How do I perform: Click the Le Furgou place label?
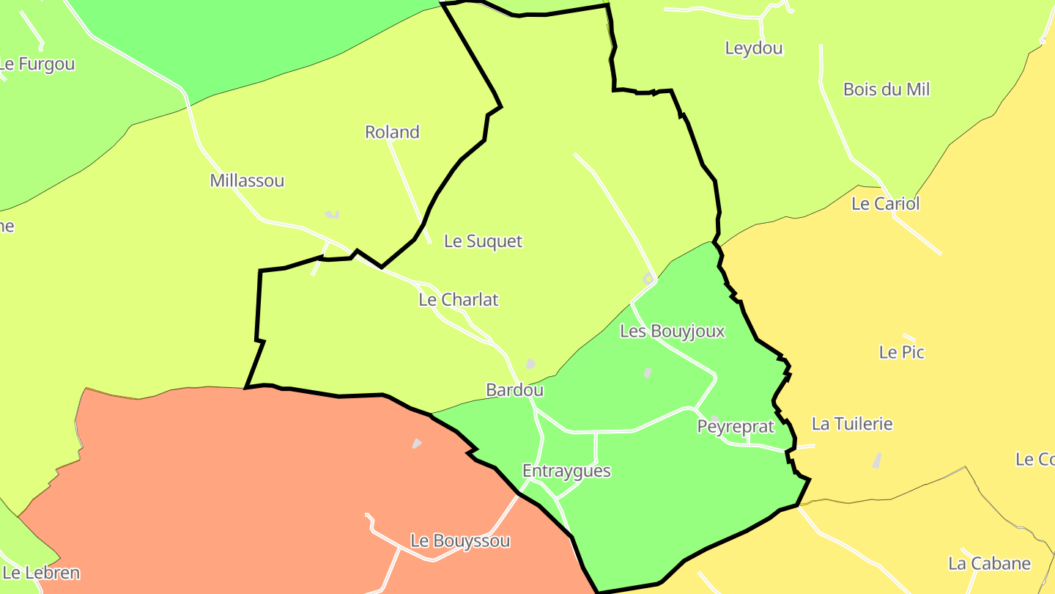(37, 64)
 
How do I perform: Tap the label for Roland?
(392, 132)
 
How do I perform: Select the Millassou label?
(247, 180)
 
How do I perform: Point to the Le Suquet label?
(483, 241)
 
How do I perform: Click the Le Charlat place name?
(458, 299)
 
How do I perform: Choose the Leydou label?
(753, 48)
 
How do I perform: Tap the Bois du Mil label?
(886, 89)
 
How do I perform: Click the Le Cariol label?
(884, 204)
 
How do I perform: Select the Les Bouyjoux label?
(672, 331)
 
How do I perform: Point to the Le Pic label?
(901, 352)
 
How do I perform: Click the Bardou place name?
(514, 390)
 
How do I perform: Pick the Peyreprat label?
(735, 427)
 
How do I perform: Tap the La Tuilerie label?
(852, 424)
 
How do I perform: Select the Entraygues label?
(566, 471)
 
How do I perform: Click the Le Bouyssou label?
(460, 541)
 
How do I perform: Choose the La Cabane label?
(989, 564)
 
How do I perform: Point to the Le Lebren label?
(41, 573)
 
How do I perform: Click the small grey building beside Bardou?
(530, 364)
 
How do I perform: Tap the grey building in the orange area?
(417, 444)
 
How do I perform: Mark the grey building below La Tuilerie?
(876, 461)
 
